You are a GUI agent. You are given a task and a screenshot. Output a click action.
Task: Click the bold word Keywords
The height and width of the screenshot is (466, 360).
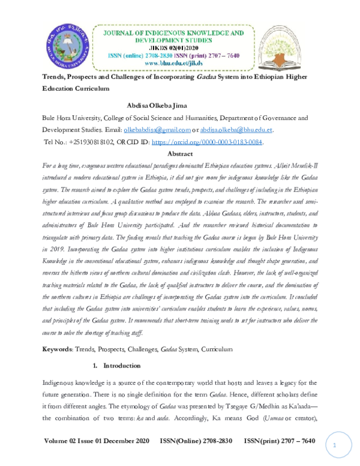pyautogui.click(x=61, y=349)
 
